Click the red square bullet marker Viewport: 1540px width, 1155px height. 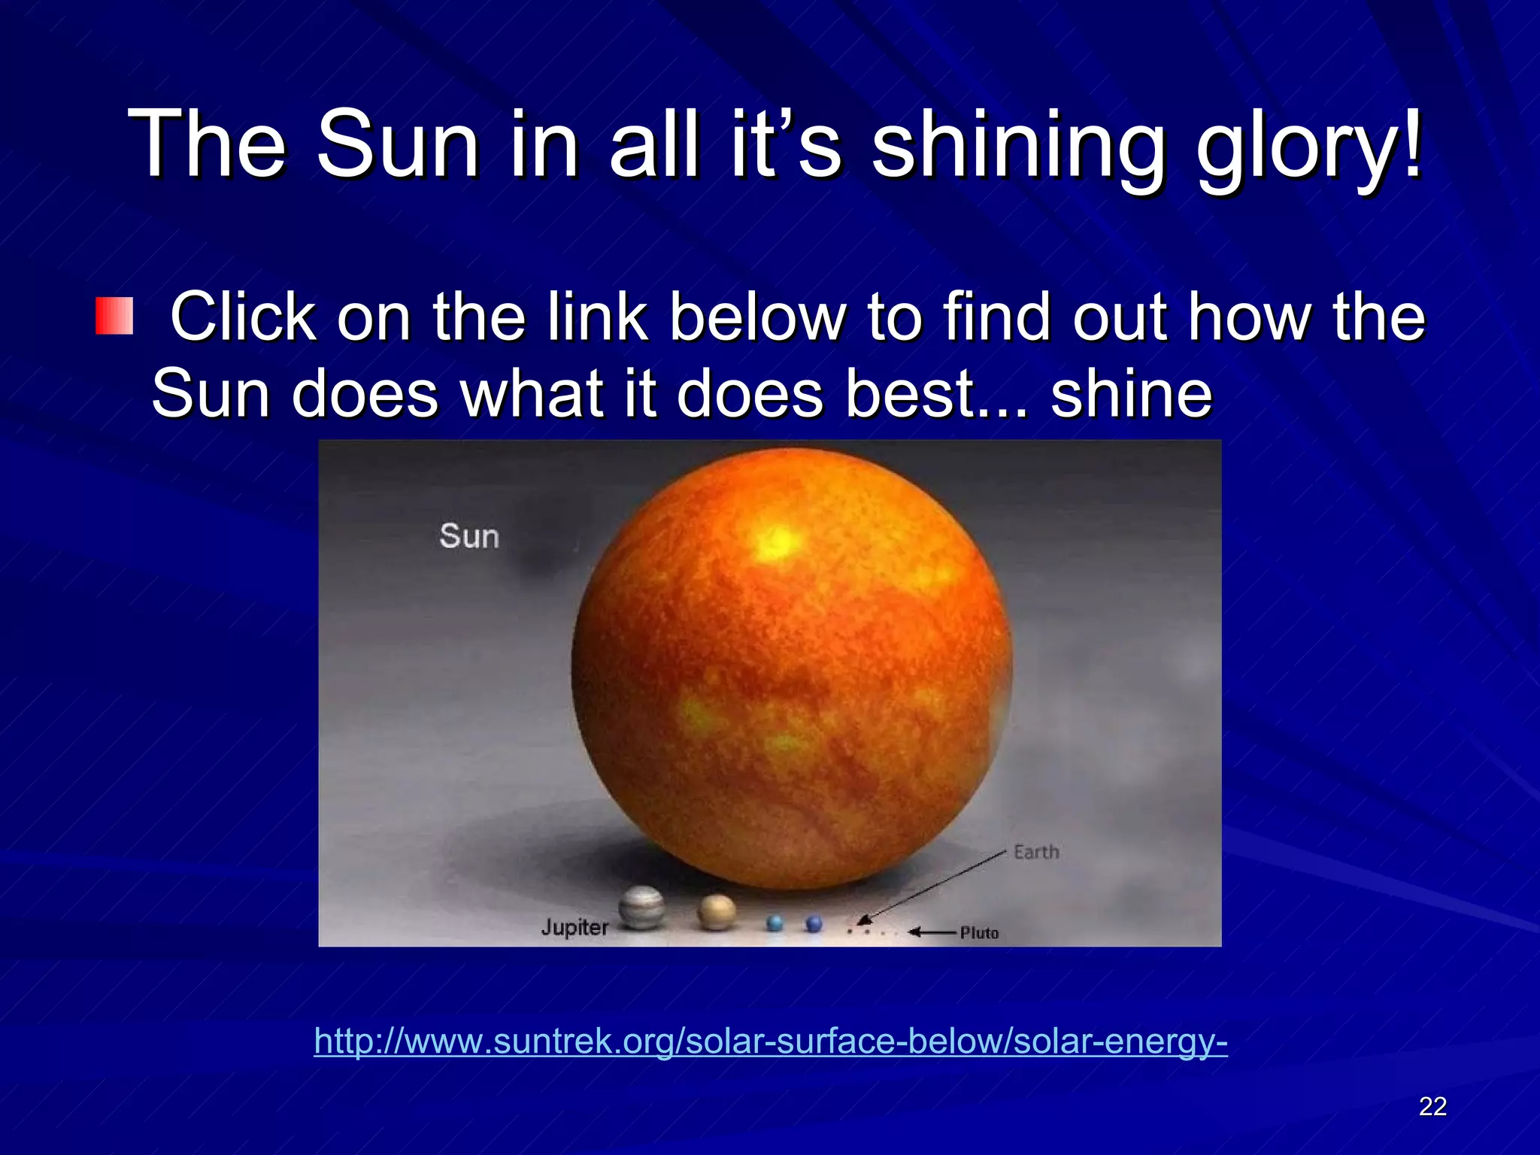114,316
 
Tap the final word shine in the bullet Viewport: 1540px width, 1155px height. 1131,394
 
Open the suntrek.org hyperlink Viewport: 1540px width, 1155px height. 770,1041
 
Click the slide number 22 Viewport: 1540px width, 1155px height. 1432,1106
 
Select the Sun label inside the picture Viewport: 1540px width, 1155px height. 469,536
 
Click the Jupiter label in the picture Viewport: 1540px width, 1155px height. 574,927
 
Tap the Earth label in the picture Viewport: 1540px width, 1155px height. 1036,852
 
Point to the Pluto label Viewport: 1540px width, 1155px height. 979,933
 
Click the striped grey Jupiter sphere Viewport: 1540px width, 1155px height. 641,908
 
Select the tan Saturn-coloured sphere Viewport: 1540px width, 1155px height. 716,911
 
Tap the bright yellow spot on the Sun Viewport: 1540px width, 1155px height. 778,541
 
